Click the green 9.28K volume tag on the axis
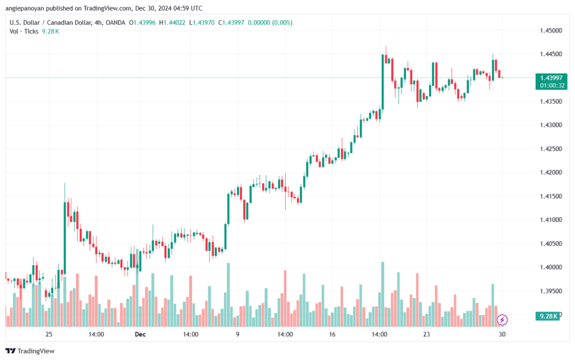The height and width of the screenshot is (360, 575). coord(548,316)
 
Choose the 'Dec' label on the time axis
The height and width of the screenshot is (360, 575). coord(140,334)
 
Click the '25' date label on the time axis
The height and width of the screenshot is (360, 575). coord(49,334)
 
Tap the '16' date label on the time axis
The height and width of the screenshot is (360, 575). coord(332,334)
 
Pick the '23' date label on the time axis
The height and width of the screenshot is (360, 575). coord(427,334)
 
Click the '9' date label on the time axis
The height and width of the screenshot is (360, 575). coord(238,334)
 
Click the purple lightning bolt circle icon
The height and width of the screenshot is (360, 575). coord(503,320)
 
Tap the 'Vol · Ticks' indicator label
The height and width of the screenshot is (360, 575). coord(24,31)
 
